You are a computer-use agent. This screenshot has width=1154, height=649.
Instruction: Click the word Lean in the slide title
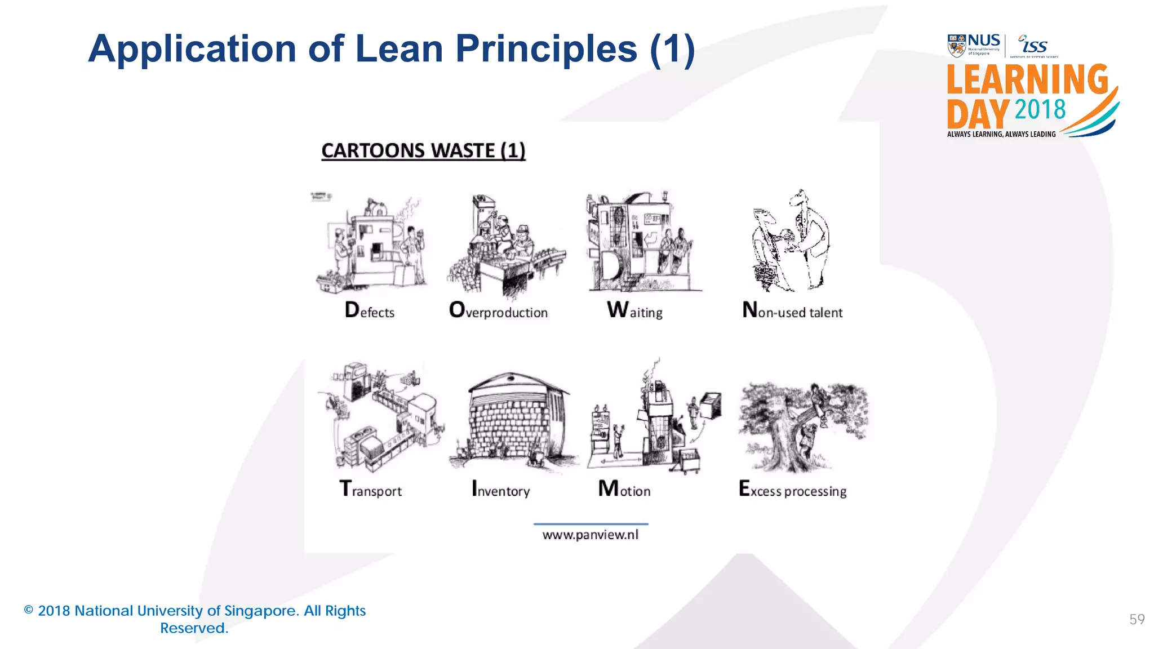click(x=400, y=49)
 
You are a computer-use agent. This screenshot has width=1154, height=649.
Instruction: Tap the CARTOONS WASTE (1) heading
click(x=423, y=151)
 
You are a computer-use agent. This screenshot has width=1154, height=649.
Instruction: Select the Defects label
click(x=370, y=311)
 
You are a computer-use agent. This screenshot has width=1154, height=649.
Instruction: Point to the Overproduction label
click(x=498, y=311)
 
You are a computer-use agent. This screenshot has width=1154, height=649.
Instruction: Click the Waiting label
click(x=634, y=311)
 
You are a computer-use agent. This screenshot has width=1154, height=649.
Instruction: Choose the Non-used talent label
click(x=792, y=311)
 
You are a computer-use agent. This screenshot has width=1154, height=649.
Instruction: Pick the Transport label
click(x=370, y=489)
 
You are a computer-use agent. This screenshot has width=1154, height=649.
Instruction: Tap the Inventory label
click(x=500, y=489)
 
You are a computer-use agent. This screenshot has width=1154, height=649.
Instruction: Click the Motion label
click(x=624, y=489)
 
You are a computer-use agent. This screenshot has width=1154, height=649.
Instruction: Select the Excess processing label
click(x=792, y=489)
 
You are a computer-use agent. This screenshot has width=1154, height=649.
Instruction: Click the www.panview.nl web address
click(x=591, y=535)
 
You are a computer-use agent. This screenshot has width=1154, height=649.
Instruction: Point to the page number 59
click(x=1137, y=620)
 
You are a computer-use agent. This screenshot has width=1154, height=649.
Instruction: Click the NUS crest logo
click(x=957, y=46)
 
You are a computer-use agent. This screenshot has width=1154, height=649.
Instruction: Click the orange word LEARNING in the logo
click(x=1027, y=79)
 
